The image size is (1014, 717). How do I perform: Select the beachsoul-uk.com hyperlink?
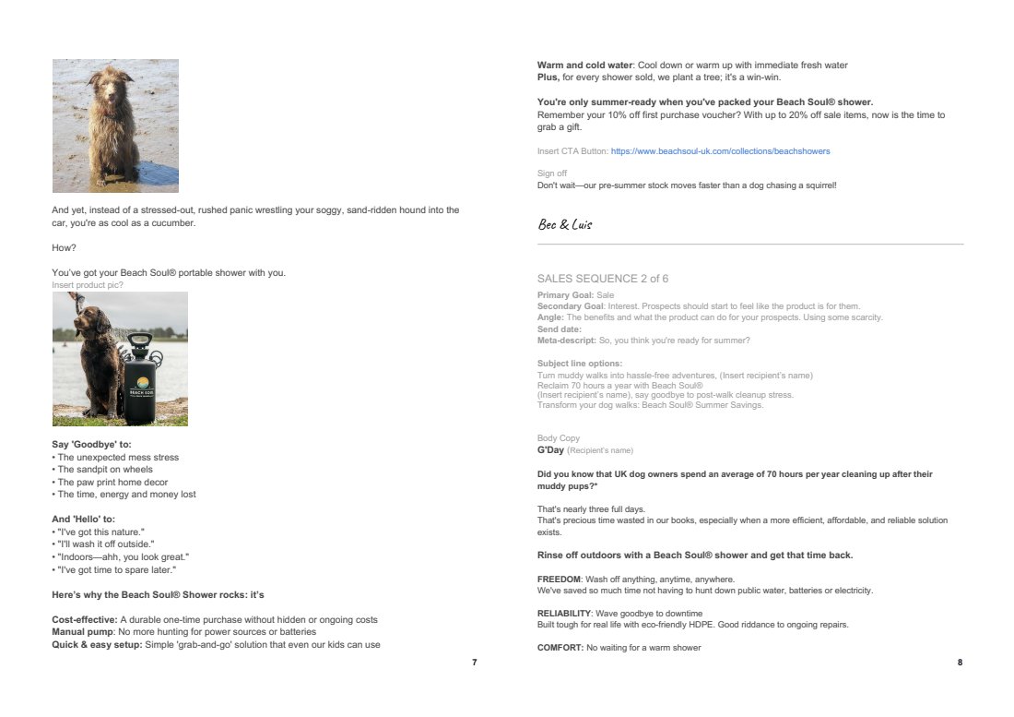713,150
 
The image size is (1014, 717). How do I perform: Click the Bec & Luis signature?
564,224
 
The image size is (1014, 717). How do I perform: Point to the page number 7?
474,663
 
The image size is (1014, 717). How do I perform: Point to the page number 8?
960,663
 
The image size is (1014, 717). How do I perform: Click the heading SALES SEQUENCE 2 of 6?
603,278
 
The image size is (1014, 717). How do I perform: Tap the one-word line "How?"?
63,247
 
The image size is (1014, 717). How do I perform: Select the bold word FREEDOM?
559,579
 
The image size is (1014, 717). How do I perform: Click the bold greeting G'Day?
550,450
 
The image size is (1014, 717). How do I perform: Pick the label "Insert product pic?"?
88,285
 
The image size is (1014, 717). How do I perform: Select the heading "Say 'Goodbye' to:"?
91,445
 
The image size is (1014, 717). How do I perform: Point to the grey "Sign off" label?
552,173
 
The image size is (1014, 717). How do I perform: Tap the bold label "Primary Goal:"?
565,295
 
